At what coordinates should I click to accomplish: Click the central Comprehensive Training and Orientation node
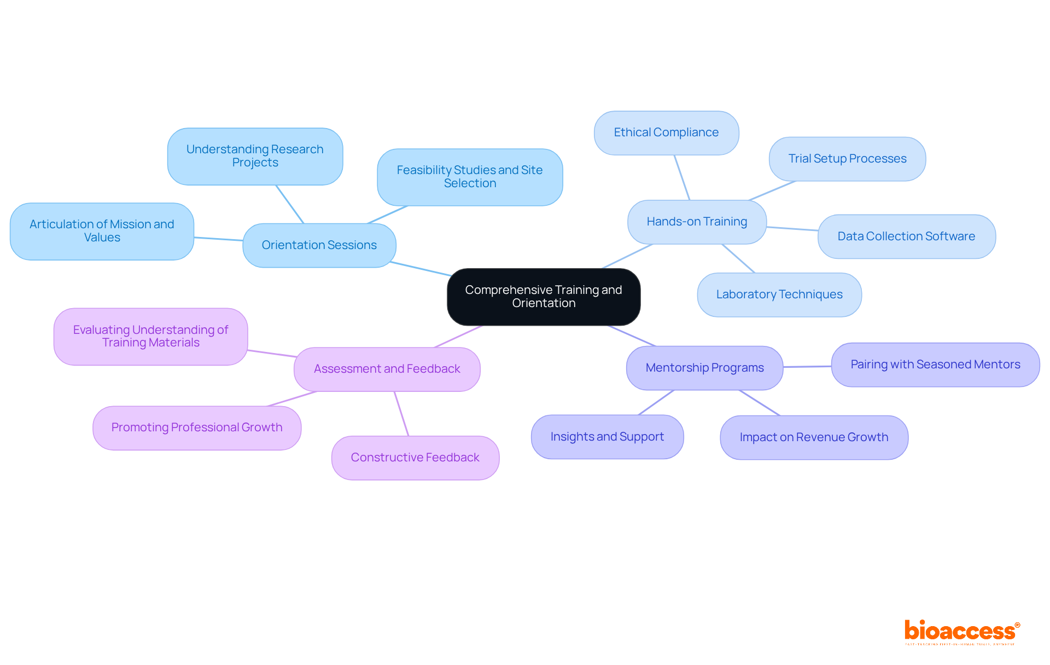pyautogui.click(x=544, y=297)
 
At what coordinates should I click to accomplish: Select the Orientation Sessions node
pyautogui.click(x=319, y=245)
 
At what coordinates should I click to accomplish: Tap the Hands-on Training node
pyautogui.click(x=697, y=222)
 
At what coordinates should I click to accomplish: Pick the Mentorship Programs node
pyautogui.click(x=704, y=368)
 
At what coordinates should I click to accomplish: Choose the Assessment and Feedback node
pyautogui.click(x=387, y=369)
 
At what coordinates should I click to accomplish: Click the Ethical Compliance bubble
pyautogui.click(x=666, y=132)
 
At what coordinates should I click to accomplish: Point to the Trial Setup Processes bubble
pyautogui.click(x=847, y=159)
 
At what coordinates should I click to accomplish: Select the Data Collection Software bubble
pyautogui.click(x=906, y=236)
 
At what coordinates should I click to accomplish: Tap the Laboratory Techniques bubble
pyautogui.click(x=779, y=294)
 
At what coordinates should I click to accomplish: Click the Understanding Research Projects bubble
pyautogui.click(x=255, y=156)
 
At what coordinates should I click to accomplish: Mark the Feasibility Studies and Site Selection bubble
pyautogui.click(x=470, y=177)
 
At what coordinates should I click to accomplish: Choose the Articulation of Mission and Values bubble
pyautogui.click(x=102, y=231)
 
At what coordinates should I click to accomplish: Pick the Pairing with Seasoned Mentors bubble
pyautogui.click(x=935, y=365)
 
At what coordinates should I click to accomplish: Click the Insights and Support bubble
pyautogui.click(x=607, y=437)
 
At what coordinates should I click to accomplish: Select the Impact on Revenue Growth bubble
pyautogui.click(x=814, y=437)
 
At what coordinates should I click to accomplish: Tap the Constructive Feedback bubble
pyautogui.click(x=415, y=458)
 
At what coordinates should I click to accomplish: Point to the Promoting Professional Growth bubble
pyautogui.click(x=197, y=427)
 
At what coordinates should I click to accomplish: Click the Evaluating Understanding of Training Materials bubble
pyautogui.click(x=150, y=336)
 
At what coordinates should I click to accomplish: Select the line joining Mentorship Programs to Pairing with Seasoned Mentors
pyautogui.click(x=807, y=367)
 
